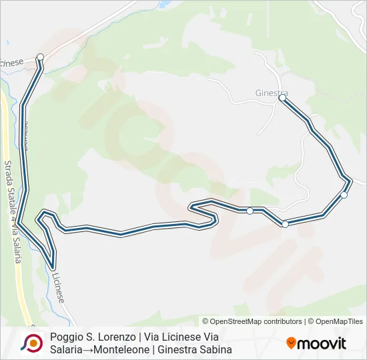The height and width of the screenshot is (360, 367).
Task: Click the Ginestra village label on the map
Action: pyautogui.click(x=271, y=93)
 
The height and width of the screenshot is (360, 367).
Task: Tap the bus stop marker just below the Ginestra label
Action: pyautogui.click(x=282, y=98)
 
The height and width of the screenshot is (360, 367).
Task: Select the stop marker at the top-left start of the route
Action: pyautogui.click(x=40, y=57)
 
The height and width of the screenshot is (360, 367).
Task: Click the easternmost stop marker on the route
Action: pyautogui.click(x=344, y=195)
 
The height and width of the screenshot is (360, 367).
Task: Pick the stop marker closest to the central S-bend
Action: pyautogui.click(x=250, y=211)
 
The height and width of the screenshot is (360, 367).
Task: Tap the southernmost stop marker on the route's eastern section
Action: pyautogui.click(x=285, y=224)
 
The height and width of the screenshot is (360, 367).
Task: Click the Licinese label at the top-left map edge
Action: pyautogui.click(x=11, y=62)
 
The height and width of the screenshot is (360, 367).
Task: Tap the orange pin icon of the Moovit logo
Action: pyautogui.click(x=291, y=343)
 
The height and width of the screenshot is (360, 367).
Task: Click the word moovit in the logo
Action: pyautogui.click(x=322, y=343)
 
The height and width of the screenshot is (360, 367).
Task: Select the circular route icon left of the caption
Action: pyautogui.click(x=31, y=343)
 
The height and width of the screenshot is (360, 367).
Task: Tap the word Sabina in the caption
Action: pyautogui.click(x=215, y=349)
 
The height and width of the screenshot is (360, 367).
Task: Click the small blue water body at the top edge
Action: pyautogui.click(x=162, y=3)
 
